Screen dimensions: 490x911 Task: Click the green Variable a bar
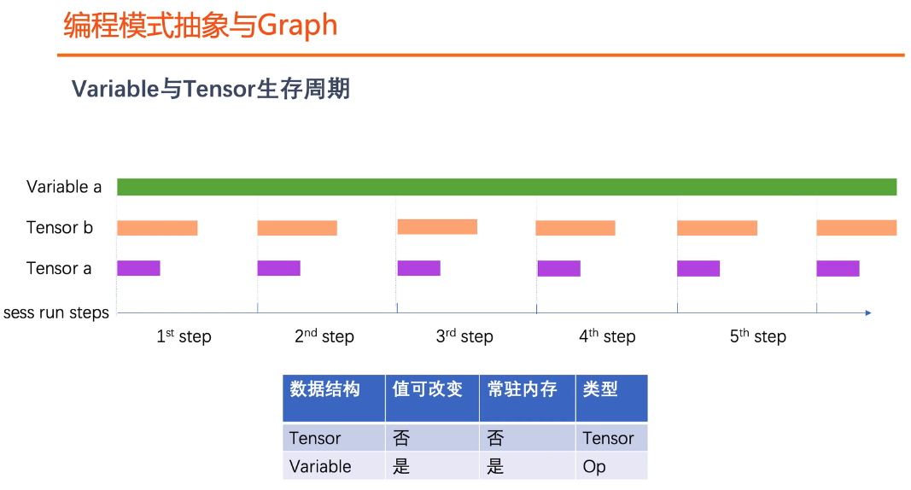506,187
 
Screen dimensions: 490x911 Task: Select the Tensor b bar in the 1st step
157,228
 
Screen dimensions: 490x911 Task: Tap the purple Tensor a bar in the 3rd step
418,268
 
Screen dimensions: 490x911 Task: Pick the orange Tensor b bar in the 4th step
575,228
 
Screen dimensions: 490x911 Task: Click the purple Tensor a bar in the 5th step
698,268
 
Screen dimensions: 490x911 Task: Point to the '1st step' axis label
184,336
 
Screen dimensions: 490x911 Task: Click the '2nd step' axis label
324,336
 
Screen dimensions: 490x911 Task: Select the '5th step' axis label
757,336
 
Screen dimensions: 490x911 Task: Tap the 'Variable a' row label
64,187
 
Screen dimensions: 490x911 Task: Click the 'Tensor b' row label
60,228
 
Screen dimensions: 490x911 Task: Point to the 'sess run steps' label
56,312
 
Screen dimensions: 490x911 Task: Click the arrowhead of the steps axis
867,313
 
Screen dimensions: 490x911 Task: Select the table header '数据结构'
324,389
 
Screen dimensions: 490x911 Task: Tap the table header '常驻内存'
522,389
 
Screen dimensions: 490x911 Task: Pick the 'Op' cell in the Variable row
594,466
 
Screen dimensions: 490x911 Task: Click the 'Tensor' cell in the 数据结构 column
315,438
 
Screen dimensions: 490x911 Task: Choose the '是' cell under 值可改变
401,466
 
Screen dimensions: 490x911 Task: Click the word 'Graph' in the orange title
297,26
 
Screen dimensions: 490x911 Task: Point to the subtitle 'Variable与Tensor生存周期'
211,89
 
